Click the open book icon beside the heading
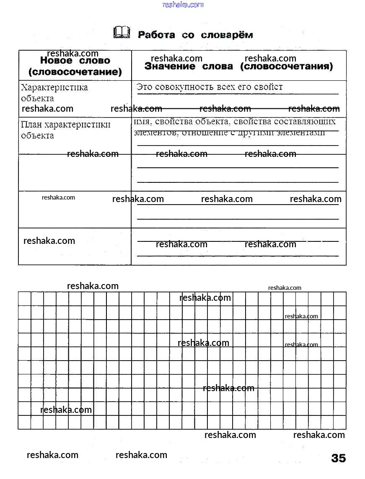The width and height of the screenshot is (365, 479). (122, 33)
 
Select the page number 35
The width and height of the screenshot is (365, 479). (339, 458)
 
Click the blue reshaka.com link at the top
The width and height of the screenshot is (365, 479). (183, 5)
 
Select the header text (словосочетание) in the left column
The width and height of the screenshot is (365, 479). (75, 72)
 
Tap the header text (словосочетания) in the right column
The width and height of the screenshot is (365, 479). (287, 66)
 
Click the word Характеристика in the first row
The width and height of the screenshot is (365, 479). (54, 87)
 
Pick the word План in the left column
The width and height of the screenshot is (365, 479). (31, 125)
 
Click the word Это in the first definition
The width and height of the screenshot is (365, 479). (145, 87)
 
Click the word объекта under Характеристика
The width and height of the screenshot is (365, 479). (37, 98)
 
